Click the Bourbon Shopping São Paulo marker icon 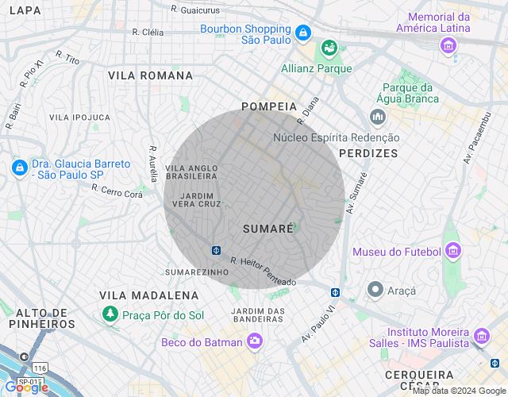click(x=302, y=33)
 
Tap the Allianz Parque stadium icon click(x=327, y=49)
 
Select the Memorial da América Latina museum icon click(x=449, y=46)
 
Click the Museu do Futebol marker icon click(x=452, y=252)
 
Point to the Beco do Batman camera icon click(x=255, y=341)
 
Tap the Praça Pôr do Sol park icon click(x=109, y=315)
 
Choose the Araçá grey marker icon click(x=375, y=291)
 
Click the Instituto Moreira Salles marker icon click(x=481, y=339)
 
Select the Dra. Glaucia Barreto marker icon click(x=19, y=168)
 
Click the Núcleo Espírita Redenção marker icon click(x=377, y=118)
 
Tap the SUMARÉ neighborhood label click(x=267, y=229)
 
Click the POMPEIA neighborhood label click(x=269, y=106)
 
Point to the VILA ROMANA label click(x=150, y=75)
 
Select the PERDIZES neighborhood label click(x=368, y=152)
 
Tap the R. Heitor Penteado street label click(x=263, y=272)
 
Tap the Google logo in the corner click(x=26, y=387)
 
